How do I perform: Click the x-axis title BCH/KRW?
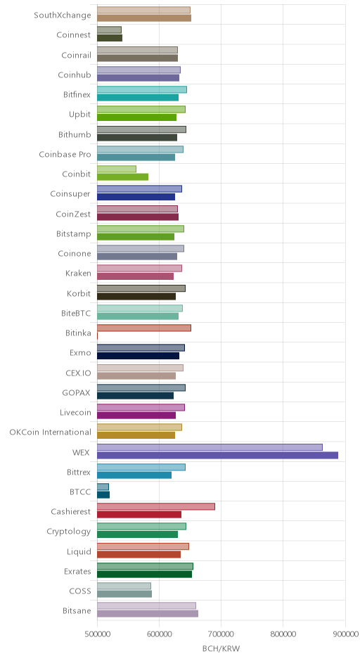[x=221, y=648]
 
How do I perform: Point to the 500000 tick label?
[x=97, y=634]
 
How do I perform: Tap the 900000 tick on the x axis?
[x=345, y=634]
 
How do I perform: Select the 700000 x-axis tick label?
[x=221, y=634]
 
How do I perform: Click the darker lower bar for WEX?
[x=217, y=455]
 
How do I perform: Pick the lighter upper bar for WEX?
[x=210, y=447]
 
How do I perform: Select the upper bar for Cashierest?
[x=156, y=506]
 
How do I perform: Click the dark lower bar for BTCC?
[x=103, y=495]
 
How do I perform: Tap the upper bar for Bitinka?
[x=144, y=328]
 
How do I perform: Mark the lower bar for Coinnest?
[x=110, y=38]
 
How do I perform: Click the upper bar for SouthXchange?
[x=143, y=10]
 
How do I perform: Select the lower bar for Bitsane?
[x=148, y=614]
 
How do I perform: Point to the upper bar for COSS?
[x=124, y=586]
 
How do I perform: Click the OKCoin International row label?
[x=50, y=432]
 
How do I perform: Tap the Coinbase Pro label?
[x=65, y=154]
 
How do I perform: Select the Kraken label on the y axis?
[x=79, y=273]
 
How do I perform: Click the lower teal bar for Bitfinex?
[x=138, y=97]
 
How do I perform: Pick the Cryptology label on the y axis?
[x=69, y=532]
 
